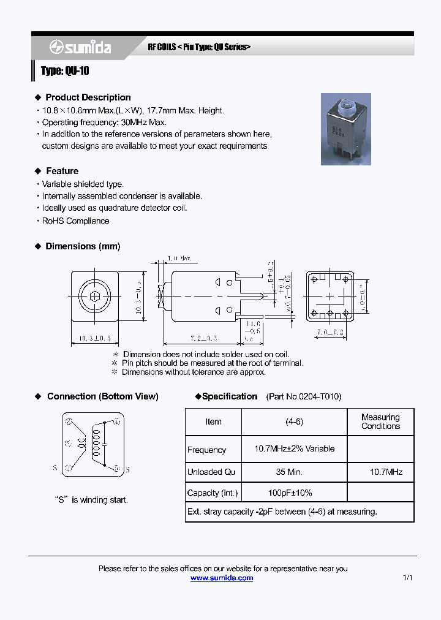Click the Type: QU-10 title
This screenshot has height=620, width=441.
coord(65,71)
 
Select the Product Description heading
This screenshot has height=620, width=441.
coord(88,97)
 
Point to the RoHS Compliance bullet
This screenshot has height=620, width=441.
coord(75,221)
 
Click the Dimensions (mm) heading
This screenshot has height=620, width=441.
coord(83,246)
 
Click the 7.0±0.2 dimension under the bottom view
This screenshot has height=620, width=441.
coord(330,332)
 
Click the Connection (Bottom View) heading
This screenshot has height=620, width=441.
coord(102,396)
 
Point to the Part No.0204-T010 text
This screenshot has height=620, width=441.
coord(304,396)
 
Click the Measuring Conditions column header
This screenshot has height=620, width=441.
coord(380,422)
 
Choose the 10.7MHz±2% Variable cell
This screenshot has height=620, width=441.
coord(294,449)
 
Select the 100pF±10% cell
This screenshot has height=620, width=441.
coord(290,493)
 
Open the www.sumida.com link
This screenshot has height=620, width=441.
coord(222,578)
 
